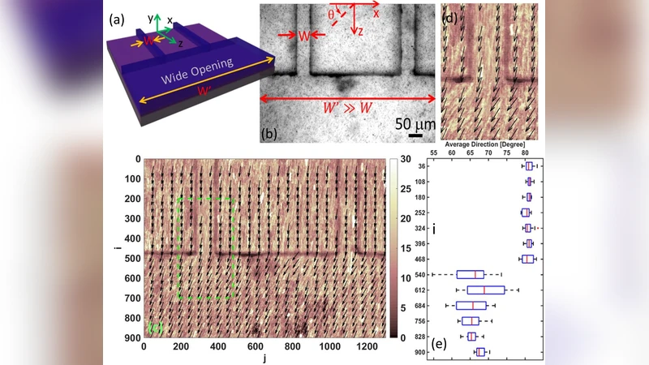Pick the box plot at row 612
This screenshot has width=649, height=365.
point(487,290)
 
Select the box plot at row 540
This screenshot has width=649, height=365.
point(471,274)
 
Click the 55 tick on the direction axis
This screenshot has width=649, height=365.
point(434,152)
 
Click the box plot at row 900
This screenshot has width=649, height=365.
point(480,352)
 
